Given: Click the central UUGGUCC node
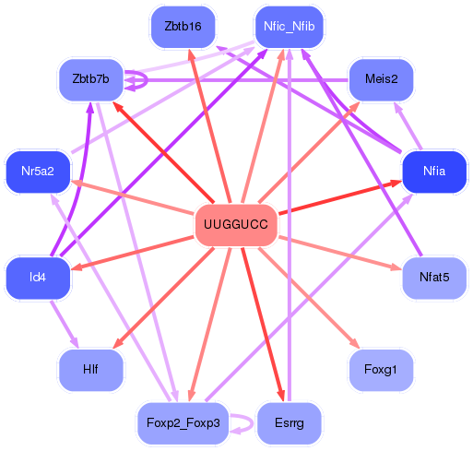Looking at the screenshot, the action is (236, 225).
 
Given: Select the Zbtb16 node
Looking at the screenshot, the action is (183, 27).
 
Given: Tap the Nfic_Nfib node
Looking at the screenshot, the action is (290, 27).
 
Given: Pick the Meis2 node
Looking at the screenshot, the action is (382, 79).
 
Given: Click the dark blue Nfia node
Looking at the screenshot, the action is (434, 172).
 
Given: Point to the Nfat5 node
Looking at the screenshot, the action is (434, 278).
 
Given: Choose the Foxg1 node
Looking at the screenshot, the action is (381, 370).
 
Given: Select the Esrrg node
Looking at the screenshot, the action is (290, 423).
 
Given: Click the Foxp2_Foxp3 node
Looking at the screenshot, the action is (183, 423).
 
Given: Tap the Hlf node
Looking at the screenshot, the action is (90, 370).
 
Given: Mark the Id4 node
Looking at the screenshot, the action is (38, 278).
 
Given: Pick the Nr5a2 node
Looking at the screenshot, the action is (38, 172).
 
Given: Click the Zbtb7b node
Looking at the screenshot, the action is (90, 79).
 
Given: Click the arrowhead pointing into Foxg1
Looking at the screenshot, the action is (355, 344).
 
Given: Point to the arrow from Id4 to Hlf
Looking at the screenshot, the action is (65, 324).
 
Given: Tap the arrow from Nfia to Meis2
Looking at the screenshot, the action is (408, 126).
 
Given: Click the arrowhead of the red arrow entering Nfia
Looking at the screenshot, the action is (396, 184).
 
